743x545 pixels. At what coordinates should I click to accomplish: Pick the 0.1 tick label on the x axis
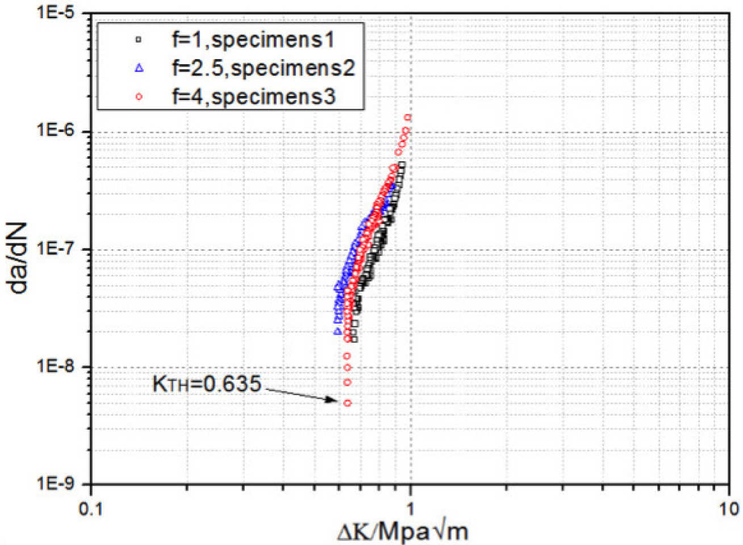(x=90, y=509)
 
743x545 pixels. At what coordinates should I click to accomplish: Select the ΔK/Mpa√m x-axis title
(x=403, y=532)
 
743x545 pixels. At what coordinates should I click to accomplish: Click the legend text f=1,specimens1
(x=253, y=39)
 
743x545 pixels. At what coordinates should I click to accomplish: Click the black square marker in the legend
(x=139, y=40)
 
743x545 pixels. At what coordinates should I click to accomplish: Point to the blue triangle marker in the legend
(x=139, y=68)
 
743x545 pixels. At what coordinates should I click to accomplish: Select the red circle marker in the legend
(x=139, y=97)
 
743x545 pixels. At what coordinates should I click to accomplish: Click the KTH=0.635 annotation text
(x=207, y=384)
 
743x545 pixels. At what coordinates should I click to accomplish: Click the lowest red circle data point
(x=347, y=403)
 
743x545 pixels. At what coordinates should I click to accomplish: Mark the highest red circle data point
(x=407, y=118)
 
